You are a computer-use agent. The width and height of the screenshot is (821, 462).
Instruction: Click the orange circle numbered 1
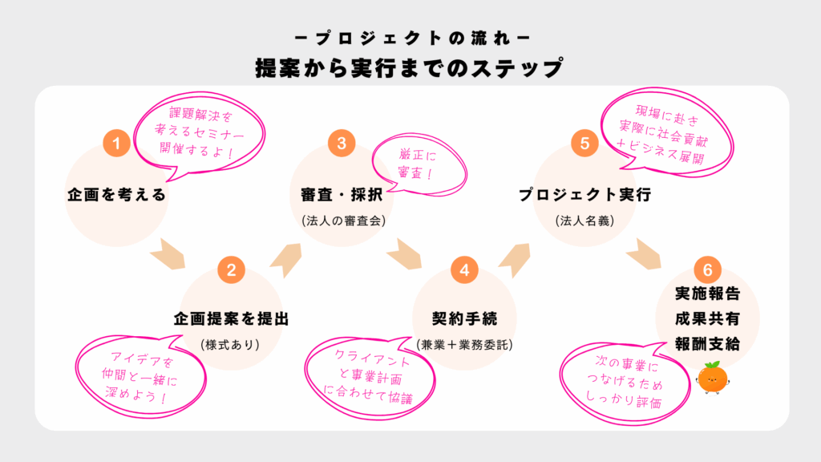(x=116, y=144)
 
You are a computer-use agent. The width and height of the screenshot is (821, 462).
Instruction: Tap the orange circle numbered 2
(x=231, y=270)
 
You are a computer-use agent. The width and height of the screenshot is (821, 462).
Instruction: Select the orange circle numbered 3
(x=342, y=144)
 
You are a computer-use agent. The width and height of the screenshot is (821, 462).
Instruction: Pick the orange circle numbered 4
(x=464, y=270)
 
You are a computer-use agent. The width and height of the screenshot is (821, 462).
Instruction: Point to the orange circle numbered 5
(x=584, y=144)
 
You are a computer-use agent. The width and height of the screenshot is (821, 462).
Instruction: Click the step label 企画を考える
(x=116, y=194)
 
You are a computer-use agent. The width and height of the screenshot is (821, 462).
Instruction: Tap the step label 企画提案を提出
(x=231, y=318)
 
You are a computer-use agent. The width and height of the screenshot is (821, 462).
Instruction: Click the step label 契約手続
(x=464, y=318)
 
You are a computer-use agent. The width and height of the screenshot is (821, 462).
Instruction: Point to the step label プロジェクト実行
(x=584, y=194)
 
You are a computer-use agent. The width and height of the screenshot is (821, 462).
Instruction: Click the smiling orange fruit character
(x=712, y=378)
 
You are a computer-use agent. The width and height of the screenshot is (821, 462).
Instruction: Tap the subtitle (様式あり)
(x=231, y=345)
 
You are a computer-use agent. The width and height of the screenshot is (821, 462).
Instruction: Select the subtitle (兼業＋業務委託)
(x=464, y=345)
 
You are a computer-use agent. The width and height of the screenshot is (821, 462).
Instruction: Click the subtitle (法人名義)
(x=584, y=220)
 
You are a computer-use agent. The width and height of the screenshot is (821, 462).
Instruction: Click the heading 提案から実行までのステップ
(x=410, y=67)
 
